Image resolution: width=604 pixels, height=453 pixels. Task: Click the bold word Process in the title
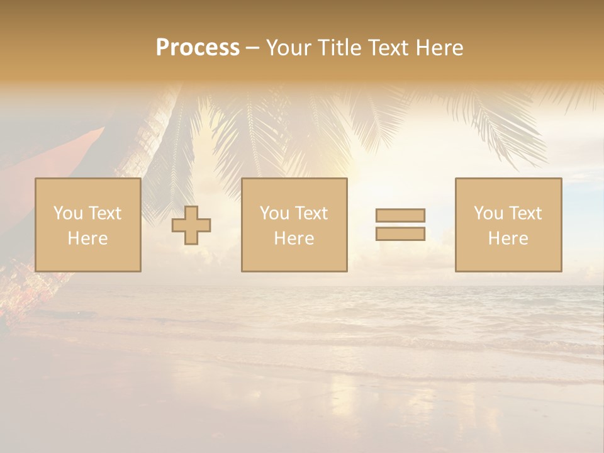point(198,48)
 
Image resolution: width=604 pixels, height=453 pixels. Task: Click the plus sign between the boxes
point(191,225)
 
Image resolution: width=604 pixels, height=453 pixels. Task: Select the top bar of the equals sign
point(400,215)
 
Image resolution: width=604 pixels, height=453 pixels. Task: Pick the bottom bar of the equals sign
point(400,234)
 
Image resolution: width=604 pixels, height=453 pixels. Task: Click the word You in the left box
point(68,213)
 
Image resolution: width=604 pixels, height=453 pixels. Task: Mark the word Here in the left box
point(88,238)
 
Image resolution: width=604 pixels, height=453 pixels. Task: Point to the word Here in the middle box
point(294,238)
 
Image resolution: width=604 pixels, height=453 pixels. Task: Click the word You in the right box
point(488,213)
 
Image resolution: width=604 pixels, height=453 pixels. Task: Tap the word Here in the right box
point(508,238)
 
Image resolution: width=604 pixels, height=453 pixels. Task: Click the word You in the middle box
point(274,213)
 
